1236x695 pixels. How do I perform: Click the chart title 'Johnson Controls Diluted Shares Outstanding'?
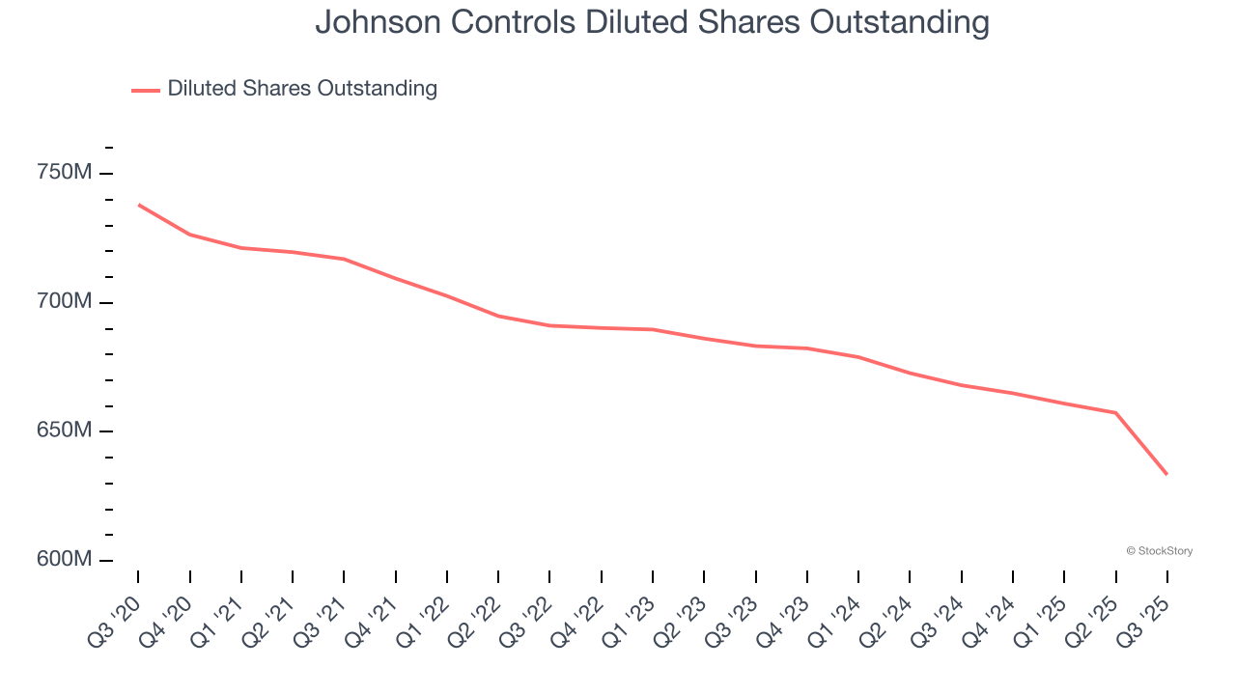coord(652,23)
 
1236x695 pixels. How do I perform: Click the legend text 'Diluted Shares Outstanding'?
coord(302,89)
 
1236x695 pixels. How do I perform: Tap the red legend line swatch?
coord(146,90)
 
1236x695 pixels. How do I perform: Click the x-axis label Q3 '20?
coord(114,619)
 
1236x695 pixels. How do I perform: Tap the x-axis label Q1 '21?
coord(217,619)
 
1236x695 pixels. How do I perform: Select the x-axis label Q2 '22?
coord(475,619)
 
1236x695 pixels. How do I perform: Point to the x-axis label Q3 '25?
coord(1144,619)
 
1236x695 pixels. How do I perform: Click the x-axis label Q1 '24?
coord(835,619)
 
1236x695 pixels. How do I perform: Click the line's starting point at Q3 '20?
coord(138,205)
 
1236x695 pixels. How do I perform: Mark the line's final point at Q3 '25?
coord(1166,474)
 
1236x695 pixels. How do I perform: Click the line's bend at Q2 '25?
coord(1115,413)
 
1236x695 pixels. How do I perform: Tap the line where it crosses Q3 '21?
coord(344,259)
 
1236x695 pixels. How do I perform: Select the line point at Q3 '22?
coord(549,325)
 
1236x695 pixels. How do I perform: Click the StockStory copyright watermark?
coord(1159,551)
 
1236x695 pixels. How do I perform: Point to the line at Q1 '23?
coord(653,329)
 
